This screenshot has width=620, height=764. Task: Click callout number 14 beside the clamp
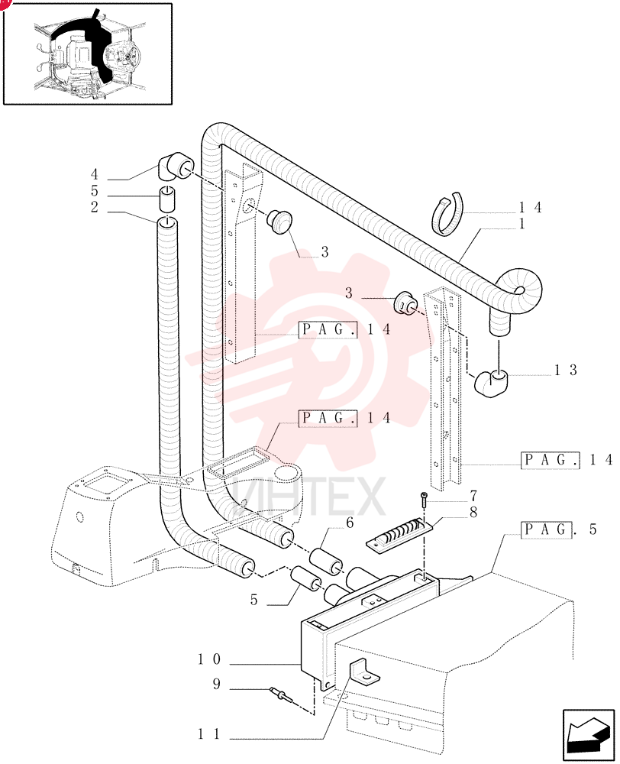coord(530,208)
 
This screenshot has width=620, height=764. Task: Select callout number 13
coord(566,371)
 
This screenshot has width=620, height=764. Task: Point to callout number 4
coord(95,174)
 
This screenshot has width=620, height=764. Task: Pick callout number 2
coord(95,207)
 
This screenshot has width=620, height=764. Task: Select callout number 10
coord(209,659)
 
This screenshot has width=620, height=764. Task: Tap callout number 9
coord(217,684)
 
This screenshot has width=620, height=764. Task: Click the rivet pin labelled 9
coord(280,694)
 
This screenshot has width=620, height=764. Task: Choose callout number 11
coord(209,733)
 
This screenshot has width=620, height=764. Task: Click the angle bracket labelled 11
coord(363,672)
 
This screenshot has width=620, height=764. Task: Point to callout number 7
coord(473,496)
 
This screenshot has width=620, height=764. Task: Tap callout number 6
coord(349,523)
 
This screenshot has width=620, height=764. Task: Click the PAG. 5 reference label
coord(559,529)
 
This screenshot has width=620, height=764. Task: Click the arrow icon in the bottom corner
coord(589,735)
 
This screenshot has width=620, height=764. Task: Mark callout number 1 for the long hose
coord(522,224)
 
